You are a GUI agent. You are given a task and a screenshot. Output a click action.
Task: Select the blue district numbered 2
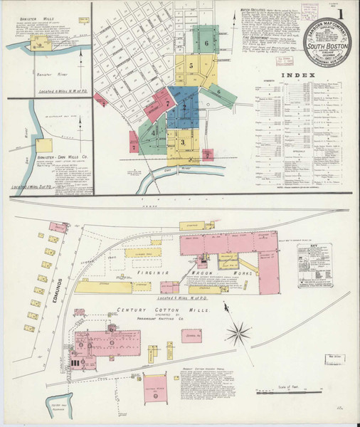pyautogui.click(x=184, y=108)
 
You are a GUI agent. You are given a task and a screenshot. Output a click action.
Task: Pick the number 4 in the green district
pyautogui.click(x=152, y=131)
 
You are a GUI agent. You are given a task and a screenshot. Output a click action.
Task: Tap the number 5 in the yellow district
pyautogui.click(x=191, y=65)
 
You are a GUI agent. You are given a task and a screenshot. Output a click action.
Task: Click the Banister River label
pyautogui.click(x=45, y=73)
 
